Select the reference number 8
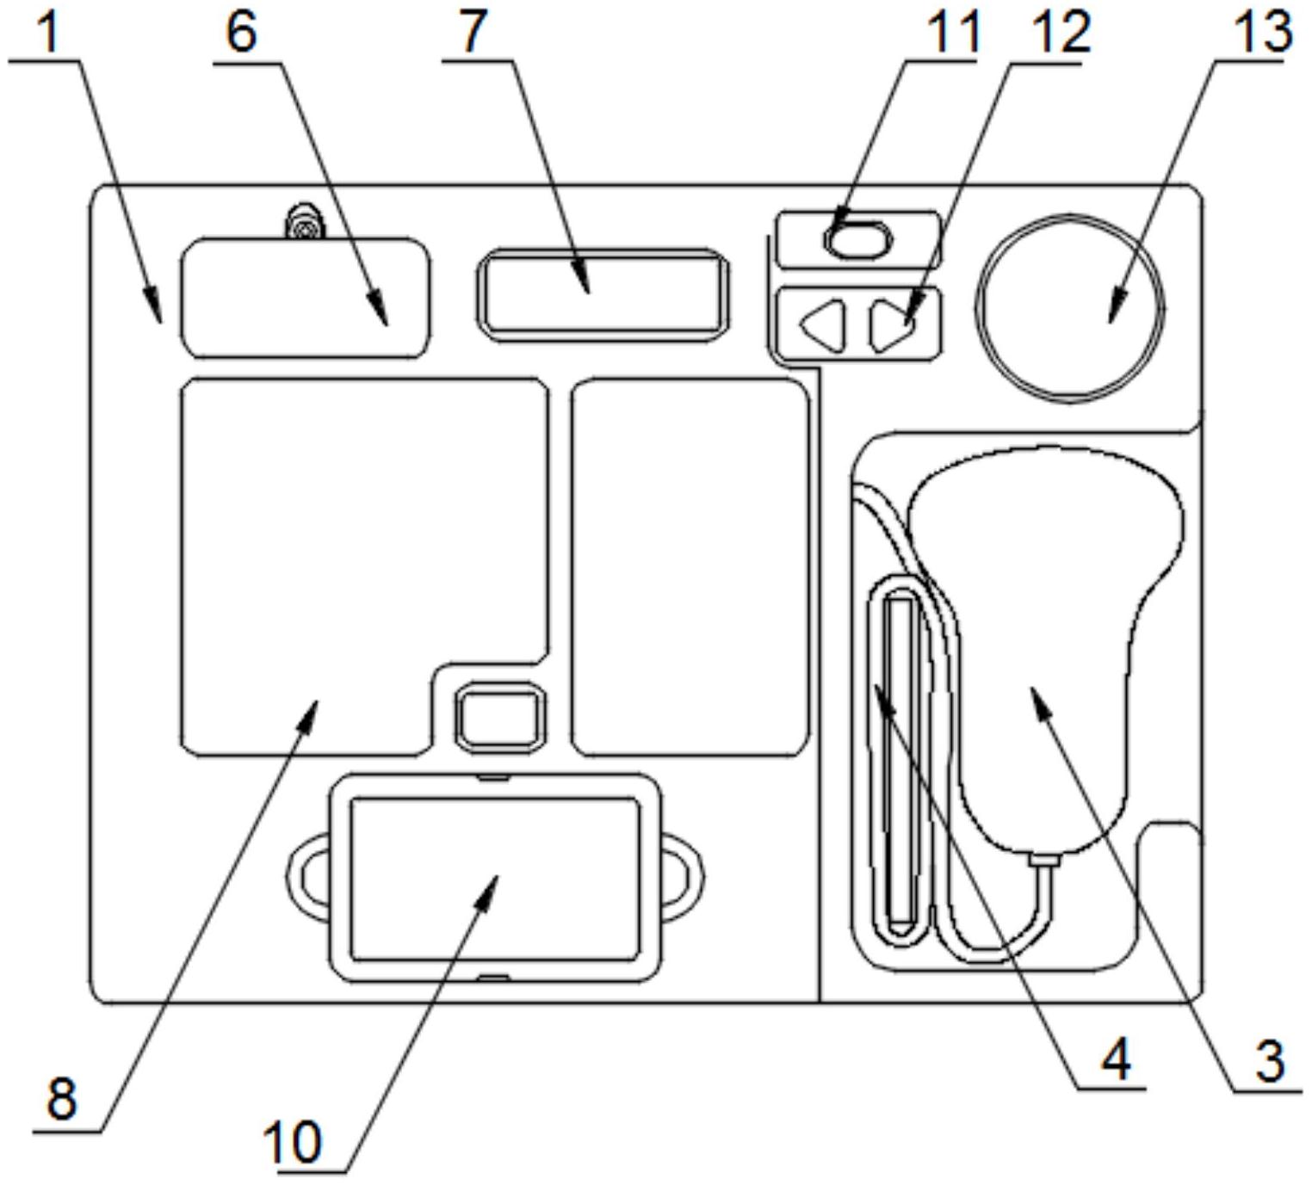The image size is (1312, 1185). pyautogui.click(x=61, y=1098)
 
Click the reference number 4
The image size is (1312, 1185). pyautogui.click(x=1116, y=1058)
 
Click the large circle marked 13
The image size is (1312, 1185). pyautogui.click(x=1070, y=307)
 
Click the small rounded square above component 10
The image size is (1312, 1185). pyautogui.click(x=500, y=716)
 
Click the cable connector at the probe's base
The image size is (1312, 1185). pyautogui.click(x=1044, y=860)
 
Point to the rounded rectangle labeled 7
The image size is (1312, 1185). pyautogui.click(x=603, y=293)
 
